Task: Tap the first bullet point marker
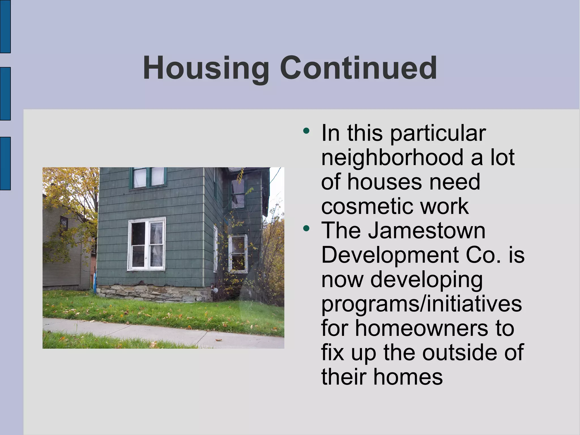tap(306, 131)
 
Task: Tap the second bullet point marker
tap(306, 228)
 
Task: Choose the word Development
tap(390, 255)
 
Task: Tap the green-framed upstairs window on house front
tap(148, 178)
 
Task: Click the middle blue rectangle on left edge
tap(5, 94)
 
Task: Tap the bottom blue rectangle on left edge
tap(5, 163)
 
